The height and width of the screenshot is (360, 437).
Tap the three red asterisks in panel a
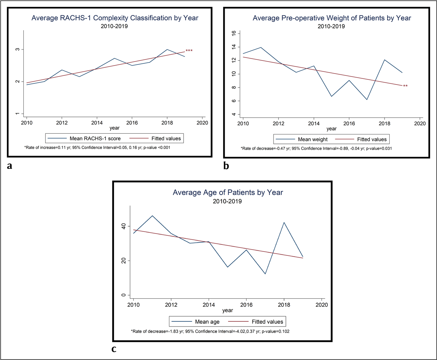click(x=189, y=51)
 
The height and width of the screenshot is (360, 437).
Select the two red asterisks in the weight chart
click(x=405, y=86)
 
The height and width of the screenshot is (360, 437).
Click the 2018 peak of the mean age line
click(x=284, y=222)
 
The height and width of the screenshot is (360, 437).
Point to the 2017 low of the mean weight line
click(x=367, y=99)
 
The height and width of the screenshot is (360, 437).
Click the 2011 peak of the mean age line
click(x=152, y=216)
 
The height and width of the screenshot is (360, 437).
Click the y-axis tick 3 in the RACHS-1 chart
click(x=17, y=50)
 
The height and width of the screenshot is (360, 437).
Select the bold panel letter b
click(x=226, y=166)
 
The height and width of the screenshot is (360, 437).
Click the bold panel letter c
click(x=114, y=349)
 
